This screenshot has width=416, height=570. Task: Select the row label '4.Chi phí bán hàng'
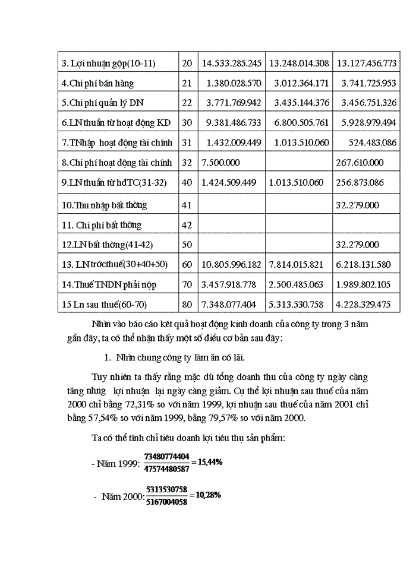[x=98, y=83]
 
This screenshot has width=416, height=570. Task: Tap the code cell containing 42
[x=187, y=225]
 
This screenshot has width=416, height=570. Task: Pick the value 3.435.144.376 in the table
[x=299, y=103]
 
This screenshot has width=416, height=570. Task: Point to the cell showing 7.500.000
[x=221, y=163]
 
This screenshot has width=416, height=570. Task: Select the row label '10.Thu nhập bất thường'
[x=103, y=205]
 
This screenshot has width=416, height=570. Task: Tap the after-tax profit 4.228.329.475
[x=367, y=305]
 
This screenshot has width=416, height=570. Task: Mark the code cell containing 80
[x=187, y=305]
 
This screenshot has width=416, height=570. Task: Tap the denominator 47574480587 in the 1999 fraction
[x=167, y=468]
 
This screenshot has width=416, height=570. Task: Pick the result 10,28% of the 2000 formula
[x=209, y=495]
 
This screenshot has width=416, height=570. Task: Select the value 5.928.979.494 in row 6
[x=367, y=123]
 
